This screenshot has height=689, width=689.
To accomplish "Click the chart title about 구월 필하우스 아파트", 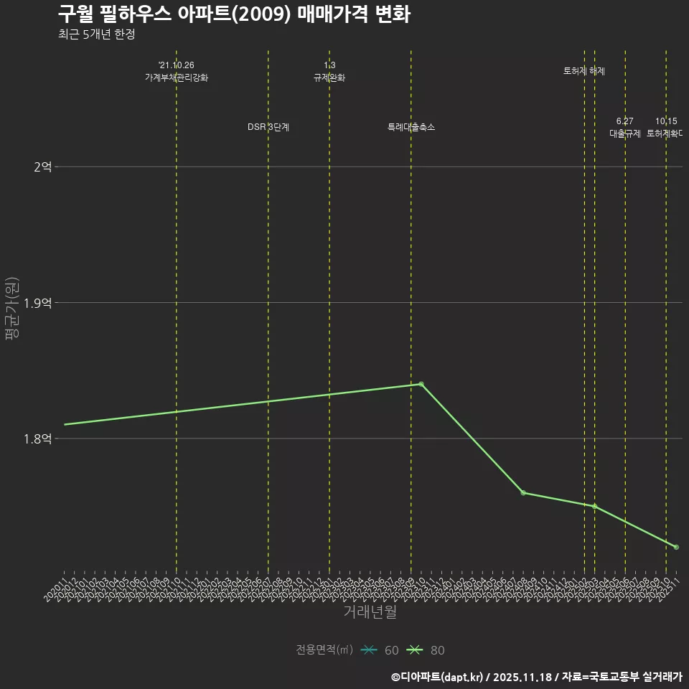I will [x=234, y=14].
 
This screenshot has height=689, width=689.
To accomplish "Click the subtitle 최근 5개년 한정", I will [x=96, y=34].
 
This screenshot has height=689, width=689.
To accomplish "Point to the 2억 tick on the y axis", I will [x=42, y=167].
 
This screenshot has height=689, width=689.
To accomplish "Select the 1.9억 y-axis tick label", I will [x=38, y=303].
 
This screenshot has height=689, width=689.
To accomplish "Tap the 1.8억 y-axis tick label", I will [x=38, y=439].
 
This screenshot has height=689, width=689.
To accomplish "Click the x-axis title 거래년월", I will [x=370, y=612].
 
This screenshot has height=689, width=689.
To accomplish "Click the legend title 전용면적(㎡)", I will [x=324, y=650].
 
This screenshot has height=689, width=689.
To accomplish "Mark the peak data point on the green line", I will [x=421, y=384].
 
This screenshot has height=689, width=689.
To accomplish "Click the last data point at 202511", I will [x=676, y=547].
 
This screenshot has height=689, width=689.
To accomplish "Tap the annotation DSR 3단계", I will [x=268, y=127].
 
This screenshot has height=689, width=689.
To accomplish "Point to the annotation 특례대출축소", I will [x=411, y=127].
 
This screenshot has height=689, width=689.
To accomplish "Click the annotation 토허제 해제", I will [x=584, y=71].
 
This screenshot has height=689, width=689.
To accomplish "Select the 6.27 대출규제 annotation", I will [x=625, y=127].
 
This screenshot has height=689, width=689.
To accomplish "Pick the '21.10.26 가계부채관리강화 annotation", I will [x=177, y=71].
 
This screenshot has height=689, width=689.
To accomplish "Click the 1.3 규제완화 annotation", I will [x=329, y=71].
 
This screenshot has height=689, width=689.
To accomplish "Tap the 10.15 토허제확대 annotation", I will [x=665, y=127].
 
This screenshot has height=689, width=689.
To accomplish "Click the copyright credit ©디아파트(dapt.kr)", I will [x=438, y=676].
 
